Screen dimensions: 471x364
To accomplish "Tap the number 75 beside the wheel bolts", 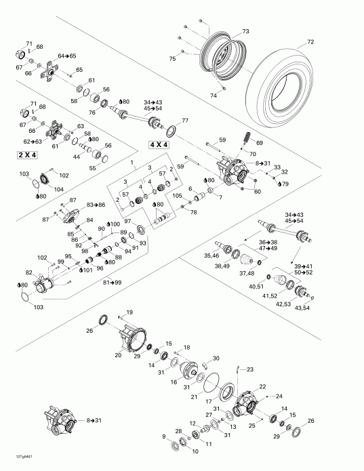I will [172, 60].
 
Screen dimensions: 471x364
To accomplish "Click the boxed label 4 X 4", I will [160, 145].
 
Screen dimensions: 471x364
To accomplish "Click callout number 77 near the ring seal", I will [184, 121].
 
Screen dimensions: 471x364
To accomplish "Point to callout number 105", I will [177, 196].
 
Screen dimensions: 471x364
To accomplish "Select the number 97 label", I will [127, 221].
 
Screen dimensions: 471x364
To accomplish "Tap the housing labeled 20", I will [118, 354].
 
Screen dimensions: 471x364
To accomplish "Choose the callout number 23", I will [249, 369].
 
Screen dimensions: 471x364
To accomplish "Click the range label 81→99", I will [112, 282].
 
